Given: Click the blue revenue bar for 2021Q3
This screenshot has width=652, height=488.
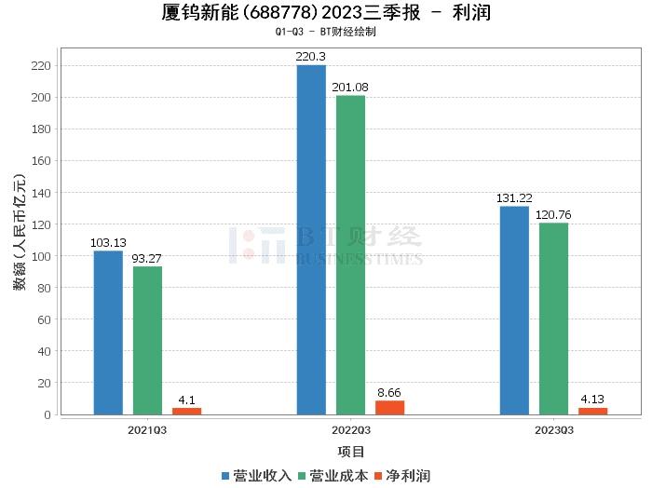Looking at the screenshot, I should tap(108, 332).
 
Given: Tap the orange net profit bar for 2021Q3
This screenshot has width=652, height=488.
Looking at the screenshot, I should tap(186, 411).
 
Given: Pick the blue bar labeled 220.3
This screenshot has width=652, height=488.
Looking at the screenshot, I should tap(311, 239).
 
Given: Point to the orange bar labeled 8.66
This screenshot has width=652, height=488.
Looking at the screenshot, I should tap(389, 407).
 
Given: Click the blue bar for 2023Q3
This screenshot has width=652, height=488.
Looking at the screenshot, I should tap(514, 310).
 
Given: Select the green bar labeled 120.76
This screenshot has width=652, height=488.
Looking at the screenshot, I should tap(553, 319).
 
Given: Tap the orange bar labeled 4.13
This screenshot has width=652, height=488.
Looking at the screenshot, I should tap(592, 411).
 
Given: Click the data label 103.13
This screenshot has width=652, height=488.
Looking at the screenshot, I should tap(108, 243).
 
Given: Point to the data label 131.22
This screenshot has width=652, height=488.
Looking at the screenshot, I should tap(514, 198).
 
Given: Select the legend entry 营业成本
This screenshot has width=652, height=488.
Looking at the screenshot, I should tap(333, 476).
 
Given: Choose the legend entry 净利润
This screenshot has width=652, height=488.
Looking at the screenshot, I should tap(401, 476).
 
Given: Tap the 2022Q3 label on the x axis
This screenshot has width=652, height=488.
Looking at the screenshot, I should tap(350, 430).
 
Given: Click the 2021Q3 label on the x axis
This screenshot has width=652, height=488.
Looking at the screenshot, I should tap(147, 430).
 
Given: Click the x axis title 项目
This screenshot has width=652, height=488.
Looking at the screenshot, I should tap(350, 452).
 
